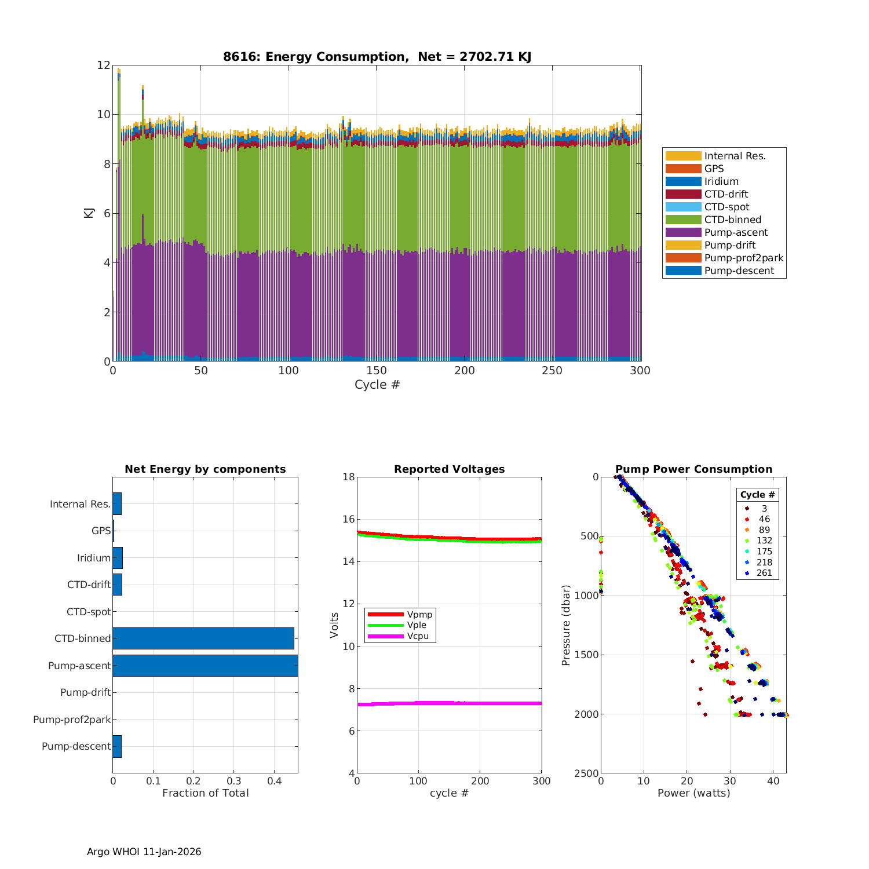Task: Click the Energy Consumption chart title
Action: (x=377, y=57)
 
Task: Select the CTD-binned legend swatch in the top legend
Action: (x=683, y=220)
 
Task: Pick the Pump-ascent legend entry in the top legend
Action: (x=736, y=232)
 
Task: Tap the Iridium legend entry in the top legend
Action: (x=721, y=181)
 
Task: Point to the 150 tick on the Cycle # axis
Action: (x=377, y=371)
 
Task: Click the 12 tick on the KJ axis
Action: (x=104, y=65)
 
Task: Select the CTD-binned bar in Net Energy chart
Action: (x=203, y=638)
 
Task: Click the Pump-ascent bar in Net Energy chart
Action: (x=205, y=666)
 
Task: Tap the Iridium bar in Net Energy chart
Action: (x=118, y=558)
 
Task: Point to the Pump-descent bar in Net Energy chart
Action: (x=117, y=746)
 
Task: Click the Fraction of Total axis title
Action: (x=205, y=793)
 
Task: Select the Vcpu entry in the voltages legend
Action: (x=418, y=636)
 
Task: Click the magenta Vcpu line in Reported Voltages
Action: (x=449, y=703)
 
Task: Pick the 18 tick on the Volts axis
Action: (x=348, y=477)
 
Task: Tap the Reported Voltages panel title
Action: (x=449, y=469)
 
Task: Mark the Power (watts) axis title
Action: (x=693, y=793)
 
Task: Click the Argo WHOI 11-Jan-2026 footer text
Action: (x=144, y=852)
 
